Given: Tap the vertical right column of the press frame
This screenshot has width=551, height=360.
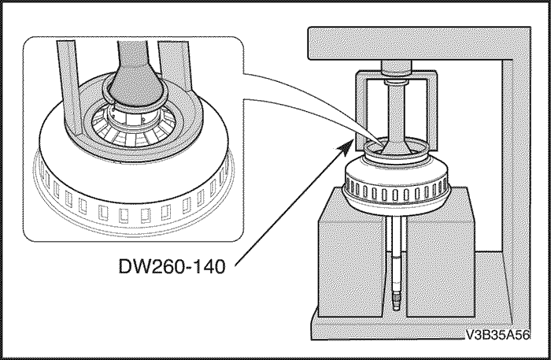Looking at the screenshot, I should (x=511, y=158).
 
